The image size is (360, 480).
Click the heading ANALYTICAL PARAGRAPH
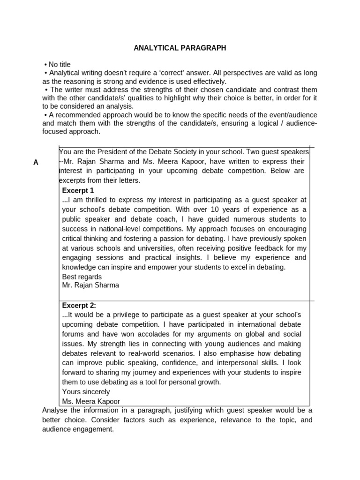[180, 48]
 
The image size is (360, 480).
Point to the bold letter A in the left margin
[36, 162]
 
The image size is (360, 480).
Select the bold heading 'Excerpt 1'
[78, 190]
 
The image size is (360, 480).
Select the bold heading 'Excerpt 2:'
[79, 305]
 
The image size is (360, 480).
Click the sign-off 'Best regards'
[82, 277]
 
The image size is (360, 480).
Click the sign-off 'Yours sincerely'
[86, 391]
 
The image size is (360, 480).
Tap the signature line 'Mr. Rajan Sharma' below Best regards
[90, 285]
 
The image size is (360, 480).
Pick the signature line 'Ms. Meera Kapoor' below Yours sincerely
[91, 401]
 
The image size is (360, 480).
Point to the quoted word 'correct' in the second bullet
[172, 73]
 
